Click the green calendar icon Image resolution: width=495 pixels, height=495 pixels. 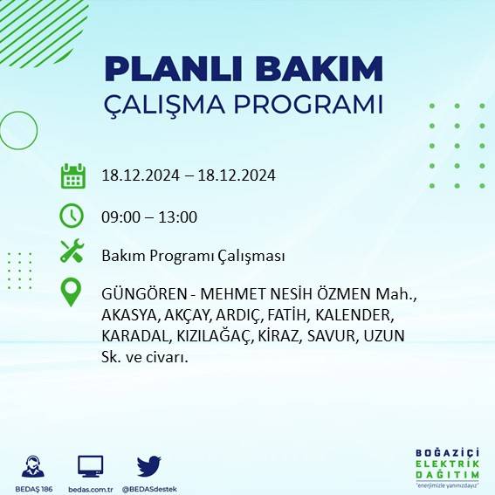pos(72,175)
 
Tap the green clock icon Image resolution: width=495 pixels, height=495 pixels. pos(72,215)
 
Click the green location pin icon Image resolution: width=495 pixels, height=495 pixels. pos(72,292)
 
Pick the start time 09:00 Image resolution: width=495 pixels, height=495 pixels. pos(120,217)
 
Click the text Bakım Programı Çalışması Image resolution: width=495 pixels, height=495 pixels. pos(193,256)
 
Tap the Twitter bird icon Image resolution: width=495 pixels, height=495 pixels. pos(149,464)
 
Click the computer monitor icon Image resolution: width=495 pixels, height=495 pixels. pos(91,465)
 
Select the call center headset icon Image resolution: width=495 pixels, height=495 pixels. pos(33,465)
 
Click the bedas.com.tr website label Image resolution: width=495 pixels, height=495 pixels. pos(91,488)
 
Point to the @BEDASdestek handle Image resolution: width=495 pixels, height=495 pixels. pos(148,488)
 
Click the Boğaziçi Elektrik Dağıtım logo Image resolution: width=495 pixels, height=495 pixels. pos(447,465)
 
